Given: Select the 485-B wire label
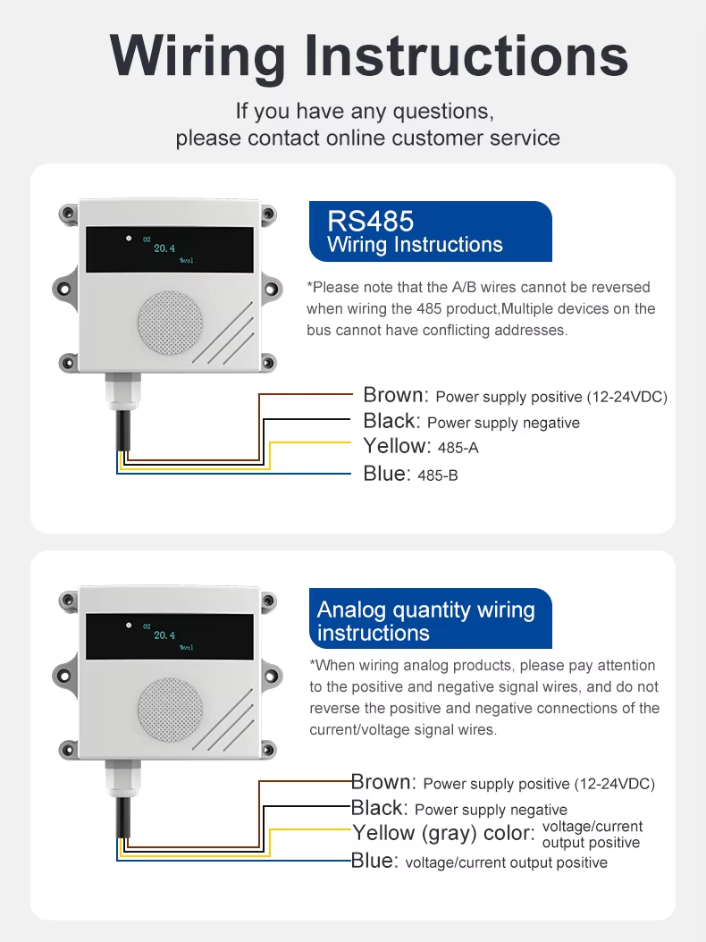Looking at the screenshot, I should (x=438, y=475).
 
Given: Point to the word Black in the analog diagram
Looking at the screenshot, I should (x=378, y=808).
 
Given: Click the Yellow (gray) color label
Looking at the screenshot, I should (x=443, y=834).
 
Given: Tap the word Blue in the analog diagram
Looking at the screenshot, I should (x=374, y=861).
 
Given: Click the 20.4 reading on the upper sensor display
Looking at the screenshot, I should (x=164, y=248).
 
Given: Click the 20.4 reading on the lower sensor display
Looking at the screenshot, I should (x=164, y=635).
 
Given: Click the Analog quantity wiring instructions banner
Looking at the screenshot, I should (x=426, y=621).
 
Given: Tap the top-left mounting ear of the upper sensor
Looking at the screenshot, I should (x=68, y=214).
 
